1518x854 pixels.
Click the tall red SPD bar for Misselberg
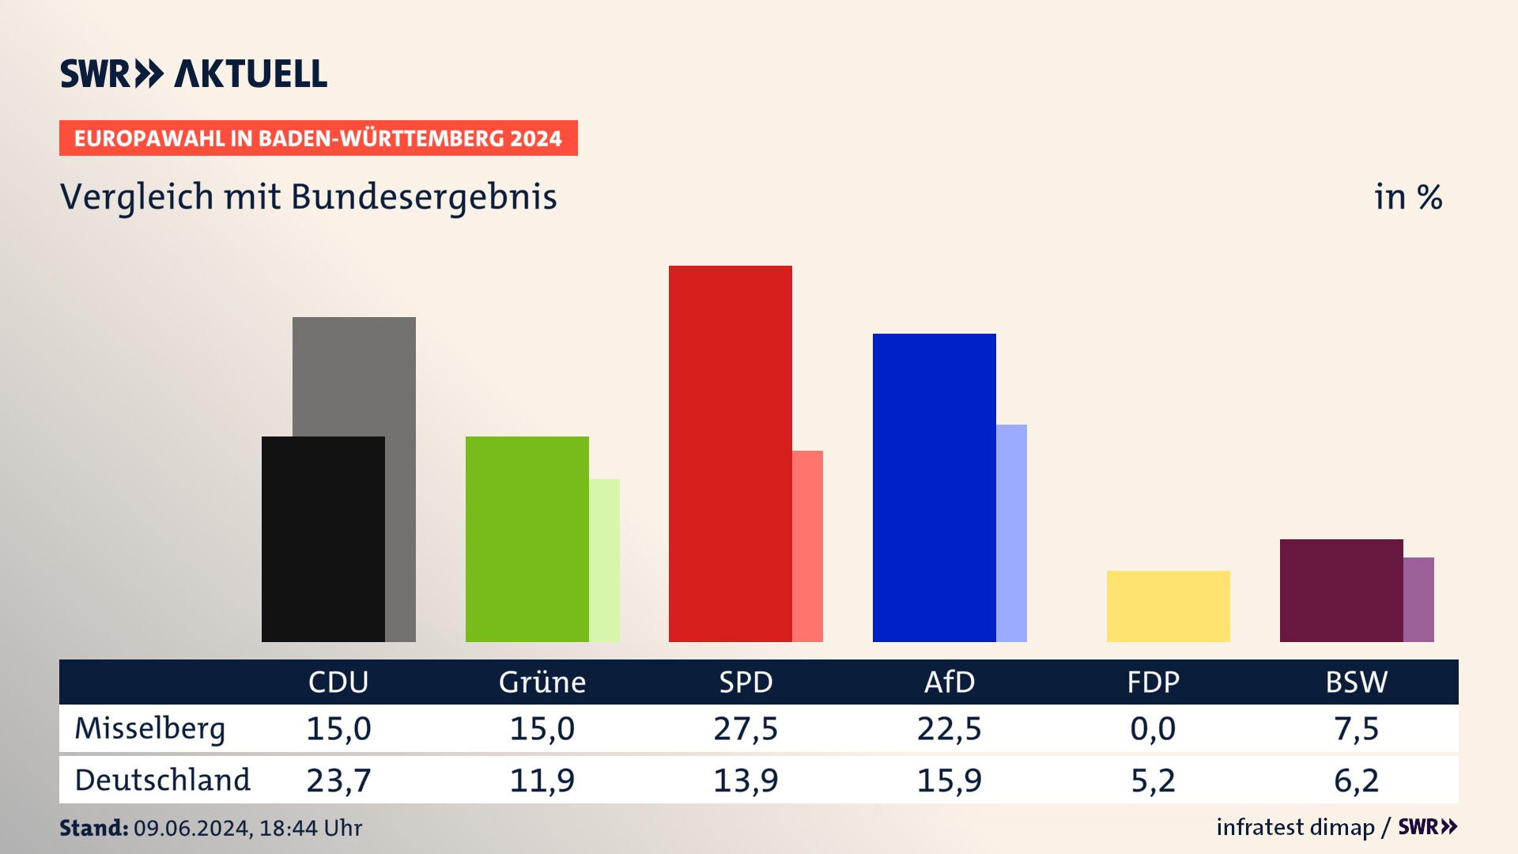coord(730,453)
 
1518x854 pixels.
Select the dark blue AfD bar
coord(934,487)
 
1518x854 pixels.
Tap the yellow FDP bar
coord(1168,606)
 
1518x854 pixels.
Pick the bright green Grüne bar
coord(527,538)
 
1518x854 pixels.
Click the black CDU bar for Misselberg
coord(323,538)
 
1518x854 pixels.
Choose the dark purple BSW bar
coord(1341,590)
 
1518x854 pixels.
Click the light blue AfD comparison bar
coord(1011,532)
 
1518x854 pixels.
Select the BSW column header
coord(1356,682)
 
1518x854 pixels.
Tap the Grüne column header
coord(542,682)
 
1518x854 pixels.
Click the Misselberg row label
coord(150,728)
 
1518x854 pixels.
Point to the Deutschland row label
coord(162,780)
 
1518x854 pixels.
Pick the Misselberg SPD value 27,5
coord(746,728)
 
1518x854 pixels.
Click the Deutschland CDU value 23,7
coord(338,780)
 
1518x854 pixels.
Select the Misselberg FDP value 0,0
coord(1153,728)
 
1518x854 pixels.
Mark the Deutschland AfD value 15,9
coord(949,780)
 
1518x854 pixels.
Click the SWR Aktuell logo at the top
coord(194,74)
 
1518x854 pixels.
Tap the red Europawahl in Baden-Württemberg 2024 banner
coord(318,138)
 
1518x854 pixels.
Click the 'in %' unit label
coord(1408,197)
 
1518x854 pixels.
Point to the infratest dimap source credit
coord(1295,827)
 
